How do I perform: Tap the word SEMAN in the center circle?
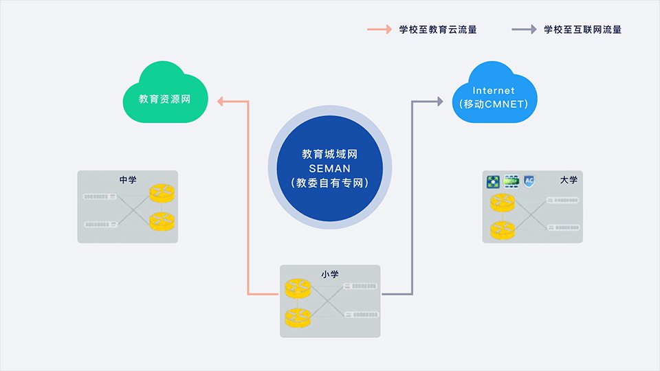pos(329,169)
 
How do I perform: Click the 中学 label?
pos(128,180)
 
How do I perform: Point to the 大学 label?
pos(569,180)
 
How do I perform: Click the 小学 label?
pos(330,273)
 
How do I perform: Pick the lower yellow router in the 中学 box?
pos(163,221)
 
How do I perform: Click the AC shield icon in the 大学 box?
pos(529,181)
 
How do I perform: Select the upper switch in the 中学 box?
pos(100,197)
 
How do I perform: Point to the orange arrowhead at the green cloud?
pos(221,102)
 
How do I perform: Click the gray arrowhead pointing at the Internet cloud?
pos(439,102)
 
